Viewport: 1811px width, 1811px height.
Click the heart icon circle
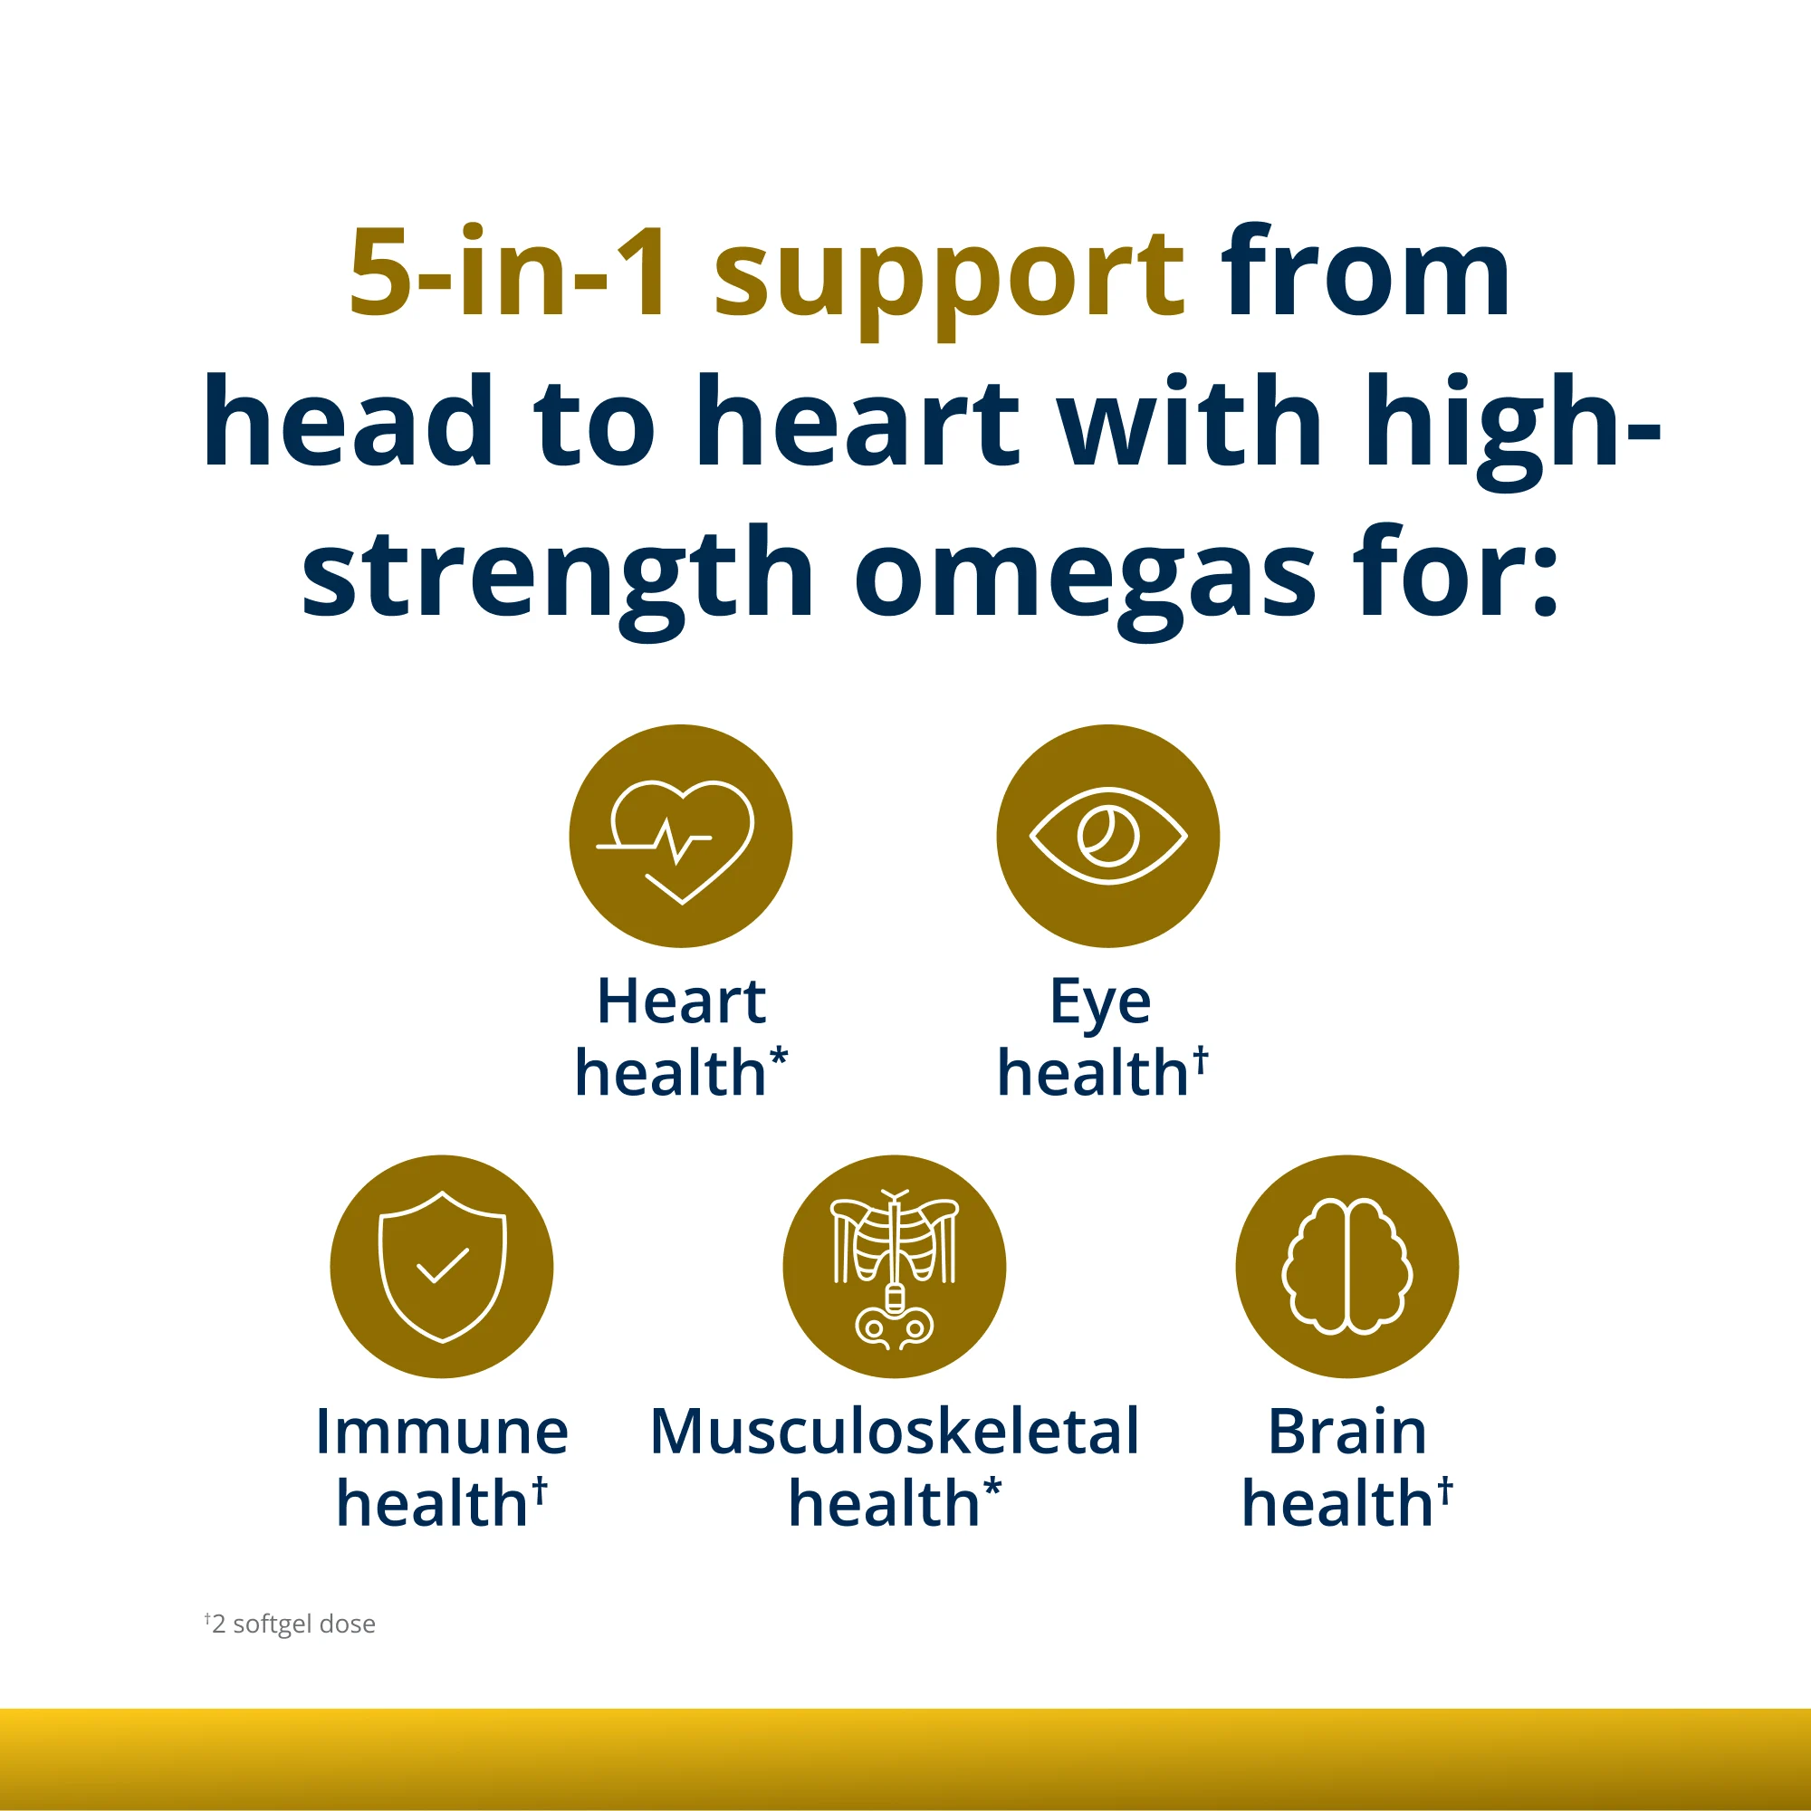coord(681,836)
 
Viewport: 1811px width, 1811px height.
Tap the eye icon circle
coord(1108,836)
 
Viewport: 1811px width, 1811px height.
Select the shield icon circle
coord(442,1267)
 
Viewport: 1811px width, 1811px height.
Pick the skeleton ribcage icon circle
coord(895,1267)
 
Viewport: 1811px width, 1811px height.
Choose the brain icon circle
coord(1347,1267)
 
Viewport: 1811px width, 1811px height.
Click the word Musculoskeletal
coord(895,1432)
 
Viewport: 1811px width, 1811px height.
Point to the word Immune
coord(442,1432)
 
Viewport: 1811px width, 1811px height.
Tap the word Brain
coord(1347,1432)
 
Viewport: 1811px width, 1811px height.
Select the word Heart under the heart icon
coord(682,1001)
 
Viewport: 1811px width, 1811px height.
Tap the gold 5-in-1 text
coord(510,273)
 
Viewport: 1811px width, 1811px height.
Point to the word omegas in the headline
coord(1086,574)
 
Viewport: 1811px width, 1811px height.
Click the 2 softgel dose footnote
coord(291,1624)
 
